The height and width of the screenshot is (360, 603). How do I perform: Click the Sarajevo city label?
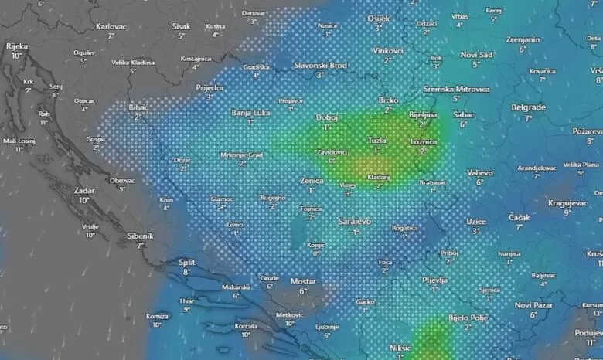355,222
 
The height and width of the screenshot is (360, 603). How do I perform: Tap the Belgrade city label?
528,107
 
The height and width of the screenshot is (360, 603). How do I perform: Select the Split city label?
186,262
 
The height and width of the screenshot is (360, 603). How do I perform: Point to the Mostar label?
303,281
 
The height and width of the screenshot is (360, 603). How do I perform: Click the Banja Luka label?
250,113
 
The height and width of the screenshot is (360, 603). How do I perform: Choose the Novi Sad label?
476,55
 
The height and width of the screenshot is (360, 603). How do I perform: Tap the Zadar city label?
84,189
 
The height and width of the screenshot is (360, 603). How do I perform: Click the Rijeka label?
16,46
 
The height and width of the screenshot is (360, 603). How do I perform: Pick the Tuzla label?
377,141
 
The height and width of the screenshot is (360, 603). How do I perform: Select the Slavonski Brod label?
320,66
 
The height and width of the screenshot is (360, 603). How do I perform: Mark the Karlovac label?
111,26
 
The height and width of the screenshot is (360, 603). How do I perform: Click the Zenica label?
312,180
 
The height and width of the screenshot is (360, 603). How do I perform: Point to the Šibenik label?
141,236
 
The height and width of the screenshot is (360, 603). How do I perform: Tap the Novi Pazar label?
533,305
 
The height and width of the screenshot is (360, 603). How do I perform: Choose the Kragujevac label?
568,202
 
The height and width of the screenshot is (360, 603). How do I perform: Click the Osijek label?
379,18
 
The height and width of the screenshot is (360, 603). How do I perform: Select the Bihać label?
138,107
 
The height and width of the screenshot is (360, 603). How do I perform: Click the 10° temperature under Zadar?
84,200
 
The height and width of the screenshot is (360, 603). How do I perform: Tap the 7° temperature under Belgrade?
528,118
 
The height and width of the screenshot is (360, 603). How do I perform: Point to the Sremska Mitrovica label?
456,89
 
